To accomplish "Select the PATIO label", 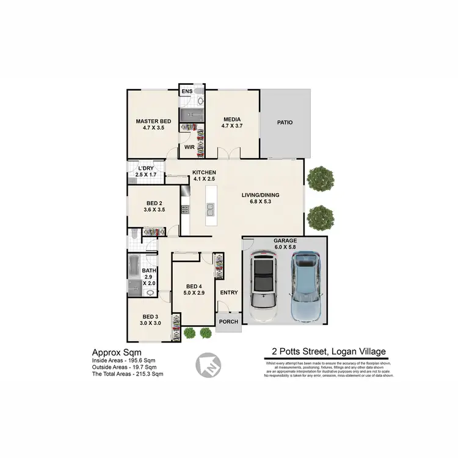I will click(285, 122).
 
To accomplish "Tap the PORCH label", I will click(228, 321).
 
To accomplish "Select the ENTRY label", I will click(229, 293).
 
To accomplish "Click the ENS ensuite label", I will click(187, 92).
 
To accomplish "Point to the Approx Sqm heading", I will click(117, 352).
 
